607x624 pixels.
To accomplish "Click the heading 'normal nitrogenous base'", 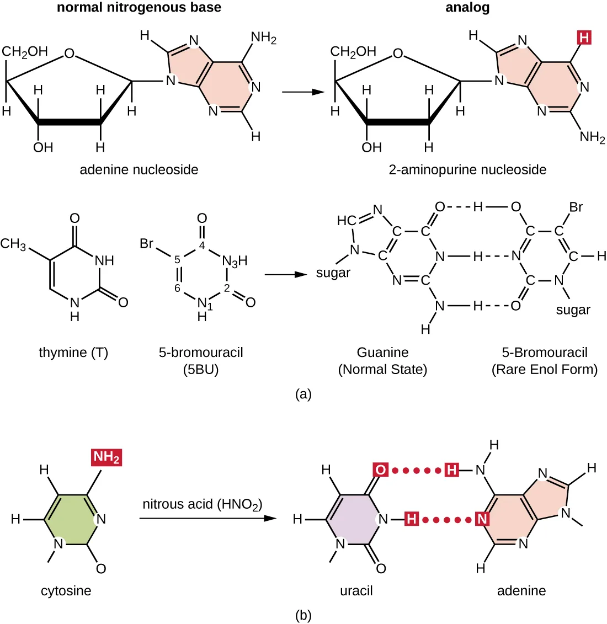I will [139, 8].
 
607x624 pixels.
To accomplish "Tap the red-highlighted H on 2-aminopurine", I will [584, 38].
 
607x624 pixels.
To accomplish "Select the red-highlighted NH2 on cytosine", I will [107, 457].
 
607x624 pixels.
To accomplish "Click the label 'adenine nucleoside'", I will [139, 169].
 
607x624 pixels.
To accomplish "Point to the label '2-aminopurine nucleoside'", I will [467, 169].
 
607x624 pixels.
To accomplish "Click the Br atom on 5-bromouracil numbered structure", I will [146, 243].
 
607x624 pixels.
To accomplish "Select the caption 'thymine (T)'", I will [73, 353].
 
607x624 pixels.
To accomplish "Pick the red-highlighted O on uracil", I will [381, 470].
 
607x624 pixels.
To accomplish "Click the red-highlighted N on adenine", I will [482, 519].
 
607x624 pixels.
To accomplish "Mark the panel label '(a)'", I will [303, 394].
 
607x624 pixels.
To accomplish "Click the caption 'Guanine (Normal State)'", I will [382, 361].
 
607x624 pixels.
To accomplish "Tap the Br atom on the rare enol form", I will [576, 207].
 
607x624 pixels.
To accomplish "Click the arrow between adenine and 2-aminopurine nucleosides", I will [302, 92].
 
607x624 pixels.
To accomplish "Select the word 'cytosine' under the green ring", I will [66, 591].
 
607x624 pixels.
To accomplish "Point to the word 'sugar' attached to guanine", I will [333, 273].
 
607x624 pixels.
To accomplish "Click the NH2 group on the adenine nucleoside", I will [263, 38].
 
